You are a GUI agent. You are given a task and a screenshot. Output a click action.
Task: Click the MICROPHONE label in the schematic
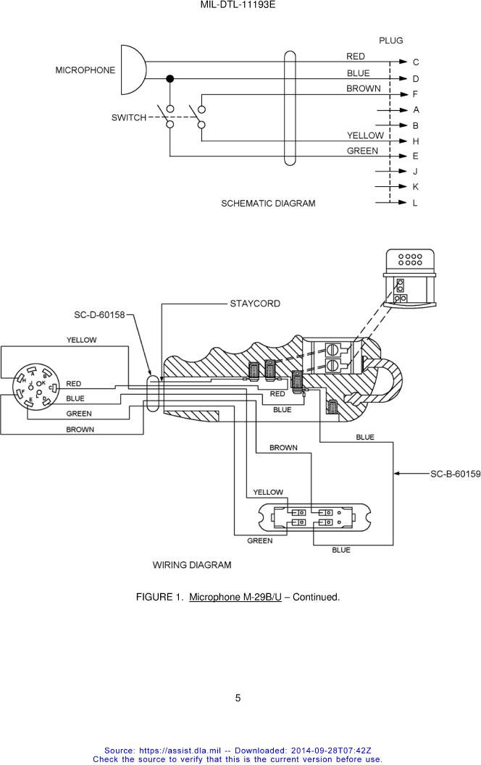click(x=85, y=70)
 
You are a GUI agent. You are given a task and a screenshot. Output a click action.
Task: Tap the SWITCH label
click(x=129, y=117)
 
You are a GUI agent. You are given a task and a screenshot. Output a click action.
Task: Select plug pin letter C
click(x=416, y=62)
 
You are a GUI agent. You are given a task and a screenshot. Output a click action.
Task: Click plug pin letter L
click(x=415, y=203)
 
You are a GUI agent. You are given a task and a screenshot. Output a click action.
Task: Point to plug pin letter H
click(x=416, y=141)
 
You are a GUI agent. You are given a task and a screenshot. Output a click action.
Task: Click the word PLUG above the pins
click(x=391, y=41)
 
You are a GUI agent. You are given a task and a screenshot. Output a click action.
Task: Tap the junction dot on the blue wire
click(x=170, y=78)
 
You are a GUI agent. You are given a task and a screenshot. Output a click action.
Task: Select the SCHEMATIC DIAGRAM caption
click(x=268, y=204)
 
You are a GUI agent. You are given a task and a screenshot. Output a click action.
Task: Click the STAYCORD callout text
click(x=255, y=304)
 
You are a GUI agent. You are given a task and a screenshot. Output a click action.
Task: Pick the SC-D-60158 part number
click(x=99, y=315)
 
